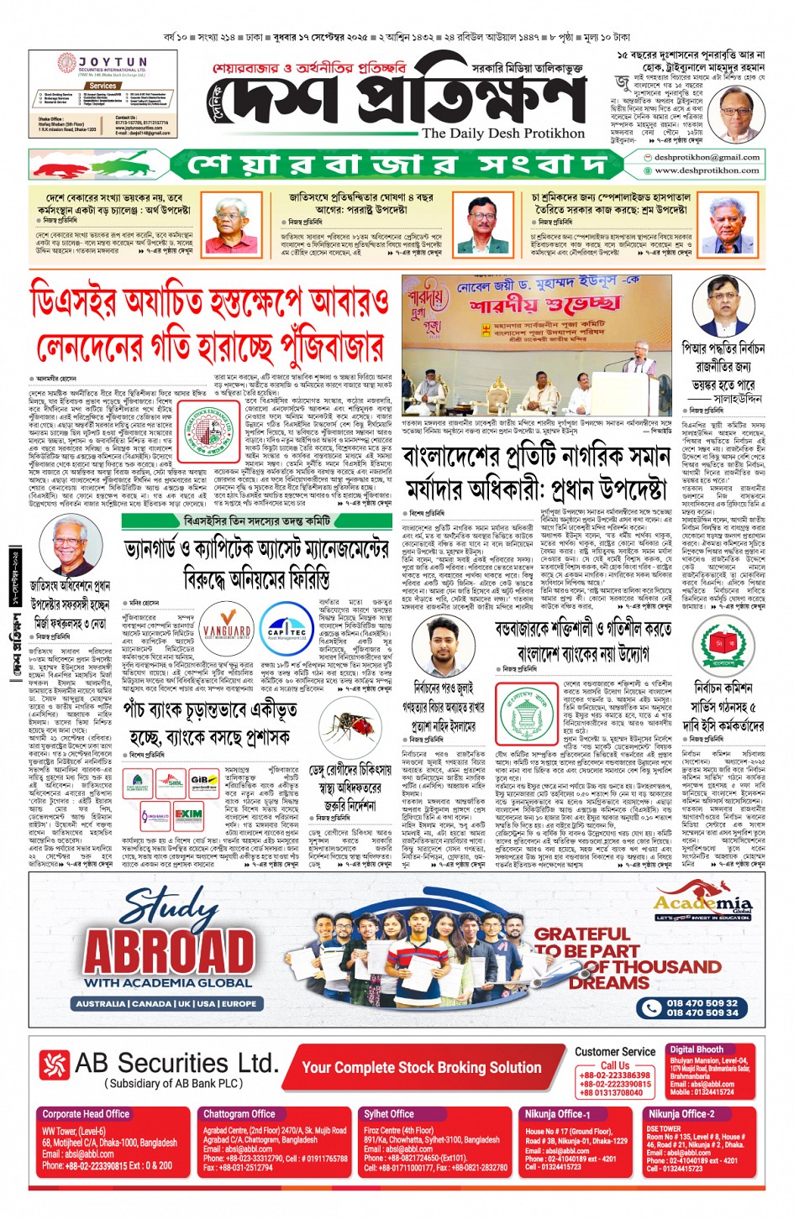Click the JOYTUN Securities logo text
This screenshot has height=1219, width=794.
click(113, 62)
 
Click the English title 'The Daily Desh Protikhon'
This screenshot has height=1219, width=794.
click(503, 133)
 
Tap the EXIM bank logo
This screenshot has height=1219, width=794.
click(188, 814)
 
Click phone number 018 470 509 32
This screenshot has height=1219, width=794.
click(702, 1002)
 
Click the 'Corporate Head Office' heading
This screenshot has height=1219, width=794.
click(86, 1114)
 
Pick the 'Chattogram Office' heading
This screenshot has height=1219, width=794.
click(239, 1114)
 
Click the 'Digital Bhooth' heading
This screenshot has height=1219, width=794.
click(697, 1049)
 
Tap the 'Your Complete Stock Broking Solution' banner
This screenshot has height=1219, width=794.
click(421, 1067)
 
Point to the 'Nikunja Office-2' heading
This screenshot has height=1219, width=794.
click(681, 1114)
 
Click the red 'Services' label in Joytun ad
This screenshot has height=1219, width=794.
click(103, 86)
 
